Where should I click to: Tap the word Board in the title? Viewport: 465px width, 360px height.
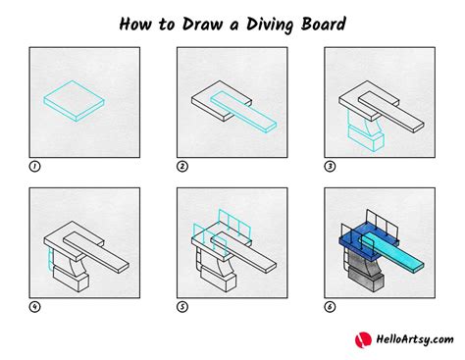[322, 22]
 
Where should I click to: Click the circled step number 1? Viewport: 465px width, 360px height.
[35, 167]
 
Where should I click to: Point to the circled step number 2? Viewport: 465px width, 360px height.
[182, 167]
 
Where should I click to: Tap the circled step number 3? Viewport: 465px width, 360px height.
[330, 167]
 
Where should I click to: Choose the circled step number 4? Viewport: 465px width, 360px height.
[35, 306]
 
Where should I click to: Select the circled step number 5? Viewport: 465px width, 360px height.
[182, 306]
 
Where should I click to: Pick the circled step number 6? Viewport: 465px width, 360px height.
[330, 306]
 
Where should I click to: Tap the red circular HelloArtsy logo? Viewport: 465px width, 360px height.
[360, 339]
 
